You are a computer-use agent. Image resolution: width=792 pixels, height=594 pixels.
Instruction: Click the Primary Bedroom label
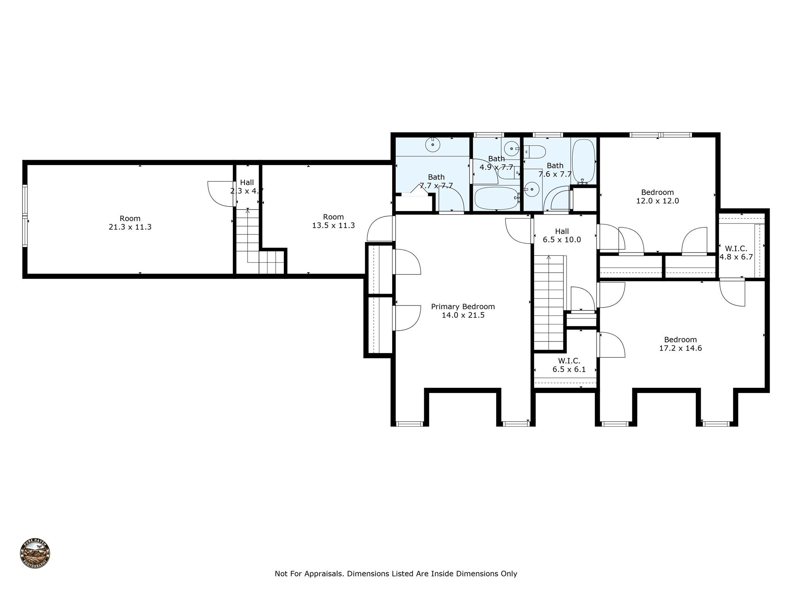(463, 307)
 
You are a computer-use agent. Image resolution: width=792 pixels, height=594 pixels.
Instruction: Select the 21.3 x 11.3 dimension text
(130, 227)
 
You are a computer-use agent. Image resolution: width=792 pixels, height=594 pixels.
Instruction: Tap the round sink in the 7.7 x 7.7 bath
(433, 145)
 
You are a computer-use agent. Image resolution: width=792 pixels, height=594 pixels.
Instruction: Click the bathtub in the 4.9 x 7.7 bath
(497, 198)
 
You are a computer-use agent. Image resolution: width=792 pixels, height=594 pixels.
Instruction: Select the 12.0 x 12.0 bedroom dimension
(657, 201)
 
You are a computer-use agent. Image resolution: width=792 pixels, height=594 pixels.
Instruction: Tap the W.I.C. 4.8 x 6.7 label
(736, 253)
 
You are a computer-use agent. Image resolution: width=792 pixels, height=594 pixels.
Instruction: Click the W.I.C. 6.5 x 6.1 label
(569, 365)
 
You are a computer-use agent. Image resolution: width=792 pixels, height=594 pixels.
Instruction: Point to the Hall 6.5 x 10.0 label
(562, 236)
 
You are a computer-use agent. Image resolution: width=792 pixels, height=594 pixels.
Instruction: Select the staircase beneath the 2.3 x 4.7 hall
(247, 240)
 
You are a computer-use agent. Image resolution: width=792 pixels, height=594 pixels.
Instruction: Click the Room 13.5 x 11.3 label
(333, 221)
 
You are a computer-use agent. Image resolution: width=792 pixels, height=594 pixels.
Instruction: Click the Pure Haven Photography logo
(35, 553)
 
